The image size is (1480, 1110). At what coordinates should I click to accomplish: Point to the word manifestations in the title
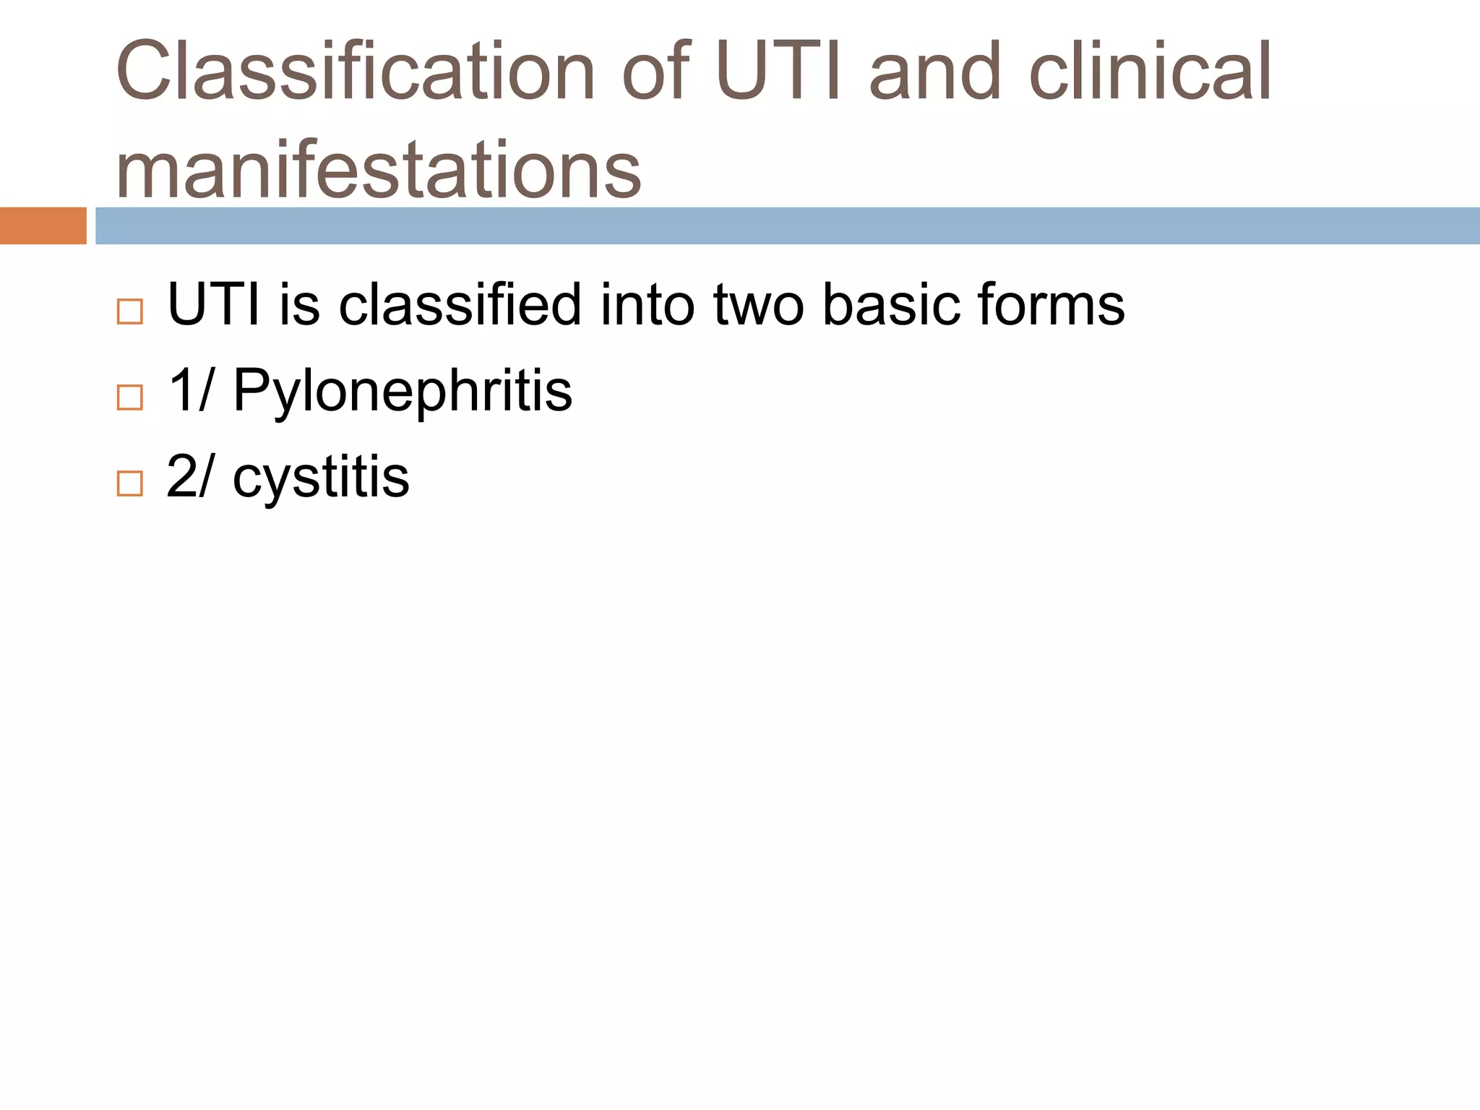378,171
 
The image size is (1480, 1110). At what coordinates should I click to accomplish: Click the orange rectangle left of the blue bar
43,225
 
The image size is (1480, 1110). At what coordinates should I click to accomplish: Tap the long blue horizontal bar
787,225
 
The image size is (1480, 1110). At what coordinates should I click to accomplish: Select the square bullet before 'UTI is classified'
129,311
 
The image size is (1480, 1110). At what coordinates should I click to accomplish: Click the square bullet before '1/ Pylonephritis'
129,397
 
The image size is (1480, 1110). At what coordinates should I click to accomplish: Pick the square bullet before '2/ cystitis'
129,483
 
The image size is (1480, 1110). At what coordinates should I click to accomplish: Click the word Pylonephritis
403,391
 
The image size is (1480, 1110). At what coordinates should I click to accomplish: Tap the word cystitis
321,477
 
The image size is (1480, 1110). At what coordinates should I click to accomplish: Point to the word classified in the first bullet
460,304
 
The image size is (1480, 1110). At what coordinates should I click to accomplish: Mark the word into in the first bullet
647,304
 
